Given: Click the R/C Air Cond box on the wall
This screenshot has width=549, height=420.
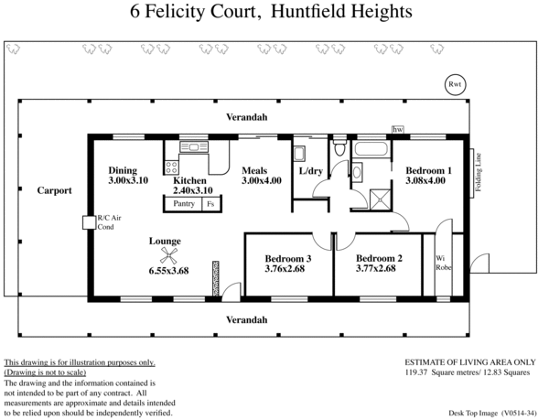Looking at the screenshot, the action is point(87,221).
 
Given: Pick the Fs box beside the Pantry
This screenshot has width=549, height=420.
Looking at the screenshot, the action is point(210,204).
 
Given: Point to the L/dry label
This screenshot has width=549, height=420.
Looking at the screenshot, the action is point(312,170).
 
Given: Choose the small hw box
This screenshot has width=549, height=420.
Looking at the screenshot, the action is point(397,131).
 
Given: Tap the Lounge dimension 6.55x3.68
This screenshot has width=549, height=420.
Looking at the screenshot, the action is point(168,271).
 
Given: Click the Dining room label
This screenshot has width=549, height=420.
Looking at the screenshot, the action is point(123,170).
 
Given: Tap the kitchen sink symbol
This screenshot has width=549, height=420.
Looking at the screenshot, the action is point(194,146).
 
